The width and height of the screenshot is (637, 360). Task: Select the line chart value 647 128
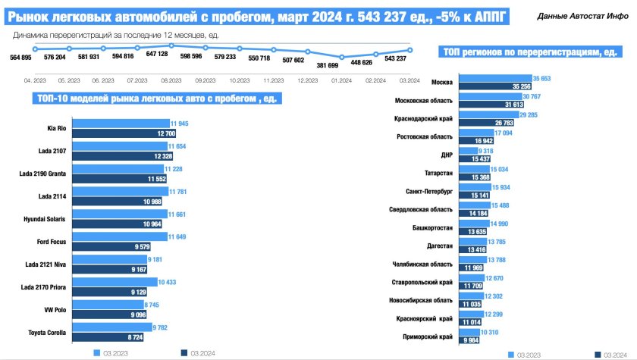pos(157,54)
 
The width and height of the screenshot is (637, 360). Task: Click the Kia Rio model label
pos(56,129)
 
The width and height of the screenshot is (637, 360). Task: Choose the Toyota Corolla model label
pos(49,333)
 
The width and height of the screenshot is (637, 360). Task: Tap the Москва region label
pos(442,82)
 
